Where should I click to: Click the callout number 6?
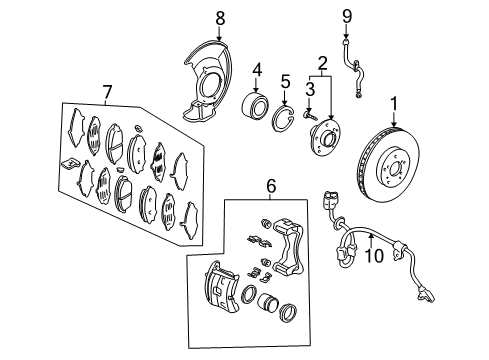pos(269,184)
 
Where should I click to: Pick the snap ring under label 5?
pos(285,117)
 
